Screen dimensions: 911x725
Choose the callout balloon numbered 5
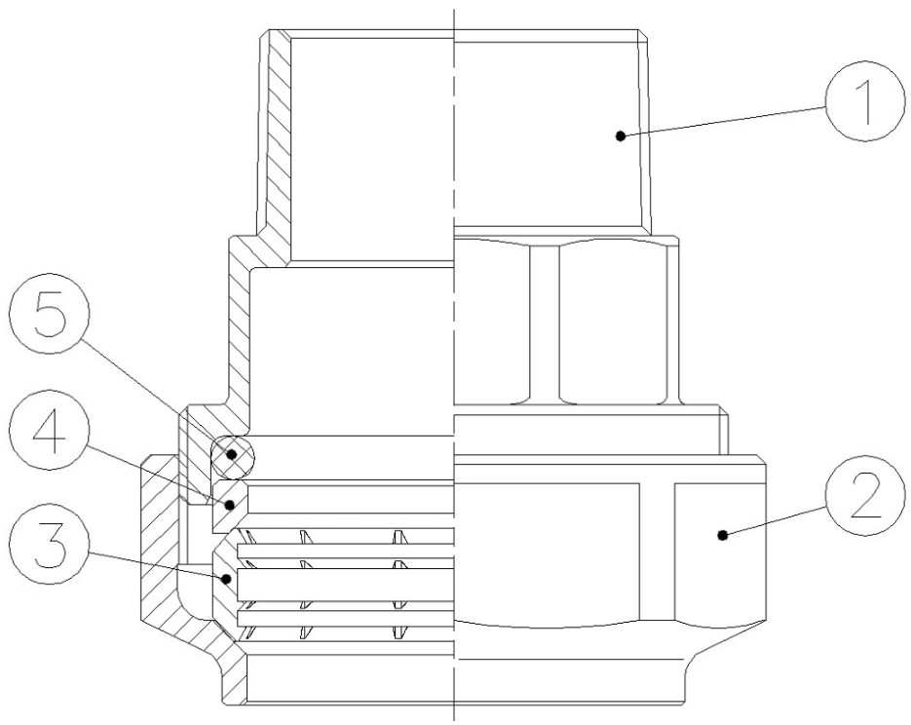[x=50, y=314]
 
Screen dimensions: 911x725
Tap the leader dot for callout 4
[x=230, y=506]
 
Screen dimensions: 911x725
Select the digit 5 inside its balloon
[x=50, y=314]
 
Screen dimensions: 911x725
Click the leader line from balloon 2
[x=775, y=521]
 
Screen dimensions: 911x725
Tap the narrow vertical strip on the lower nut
[x=657, y=552]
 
